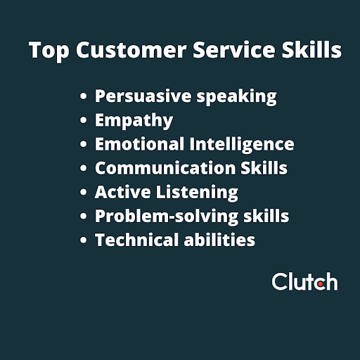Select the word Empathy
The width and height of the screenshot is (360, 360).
(134, 121)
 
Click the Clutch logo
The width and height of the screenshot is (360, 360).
(304, 282)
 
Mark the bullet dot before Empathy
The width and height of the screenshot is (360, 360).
(84, 121)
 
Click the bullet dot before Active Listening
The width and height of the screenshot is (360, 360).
(84, 193)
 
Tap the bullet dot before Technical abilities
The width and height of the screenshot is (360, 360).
(84, 240)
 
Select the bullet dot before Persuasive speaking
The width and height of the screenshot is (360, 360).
(84, 97)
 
